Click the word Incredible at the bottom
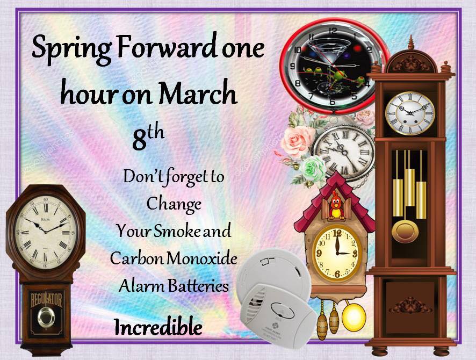coord(158,327)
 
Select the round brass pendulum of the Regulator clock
coord(46,317)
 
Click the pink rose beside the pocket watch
coord(297,141)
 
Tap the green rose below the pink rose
coord(313,168)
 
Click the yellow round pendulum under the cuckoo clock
coord(354,316)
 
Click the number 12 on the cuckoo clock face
coord(337,233)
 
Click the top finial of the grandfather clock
coord(411,42)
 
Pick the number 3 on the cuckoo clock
coord(355,254)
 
